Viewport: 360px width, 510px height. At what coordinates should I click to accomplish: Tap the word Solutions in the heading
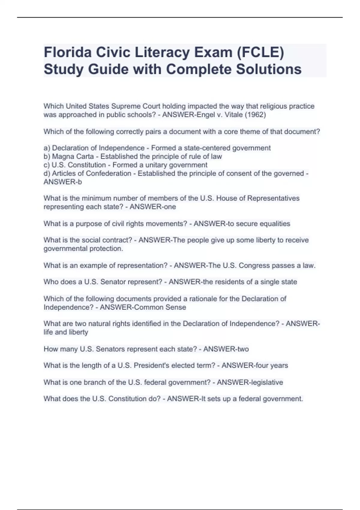(x=268, y=69)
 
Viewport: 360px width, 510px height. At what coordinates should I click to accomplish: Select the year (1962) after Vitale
(x=255, y=115)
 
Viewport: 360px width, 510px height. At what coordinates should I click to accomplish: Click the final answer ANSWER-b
(x=63, y=182)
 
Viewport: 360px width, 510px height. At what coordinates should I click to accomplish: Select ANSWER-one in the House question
(x=153, y=207)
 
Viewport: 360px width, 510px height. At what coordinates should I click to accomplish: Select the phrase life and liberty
(x=66, y=332)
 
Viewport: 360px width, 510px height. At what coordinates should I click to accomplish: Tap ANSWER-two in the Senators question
(x=226, y=349)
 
